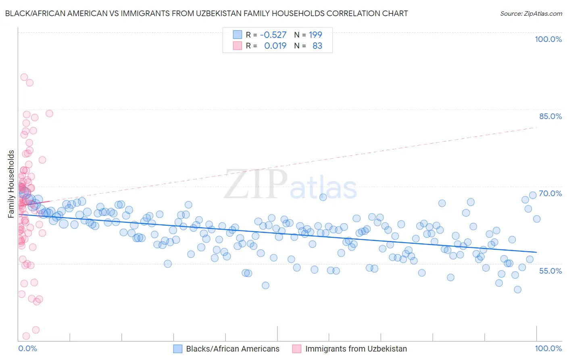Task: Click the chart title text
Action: [x=206, y=13]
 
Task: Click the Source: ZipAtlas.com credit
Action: [x=531, y=13]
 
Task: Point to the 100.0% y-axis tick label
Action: [x=548, y=39]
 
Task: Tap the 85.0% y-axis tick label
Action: [x=550, y=116]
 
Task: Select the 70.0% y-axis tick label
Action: [x=550, y=193]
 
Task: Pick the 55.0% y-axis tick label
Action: [x=550, y=271]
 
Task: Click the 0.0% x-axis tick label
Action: [x=27, y=348]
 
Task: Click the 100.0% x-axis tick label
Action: [x=548, y=348]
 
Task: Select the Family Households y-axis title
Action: [x=11, y=184]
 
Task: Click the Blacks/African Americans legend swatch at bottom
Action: [x=178, y=349]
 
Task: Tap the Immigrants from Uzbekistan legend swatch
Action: [x=297, y=349]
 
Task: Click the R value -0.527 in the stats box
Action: [x=273, y=35]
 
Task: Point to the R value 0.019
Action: [x=275, y=46]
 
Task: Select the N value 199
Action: [x=315, y=35]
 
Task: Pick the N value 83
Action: [x=317, y=46]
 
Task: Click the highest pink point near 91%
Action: [x=24, y=77]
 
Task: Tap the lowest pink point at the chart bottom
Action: [x=26, y=336]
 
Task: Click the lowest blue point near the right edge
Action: [x=517, y=289]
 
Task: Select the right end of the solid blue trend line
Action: [x=536, y=252]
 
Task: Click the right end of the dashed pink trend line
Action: [x=536, y=128]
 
